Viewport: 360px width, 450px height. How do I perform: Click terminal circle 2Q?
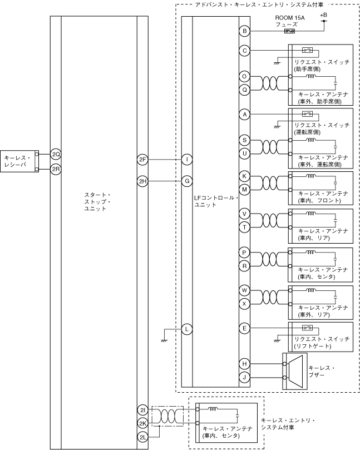(x=56, y=154)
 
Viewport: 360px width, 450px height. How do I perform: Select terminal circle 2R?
(x=56, y=169)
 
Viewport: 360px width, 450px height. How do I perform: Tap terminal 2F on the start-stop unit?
(x=142, y=160)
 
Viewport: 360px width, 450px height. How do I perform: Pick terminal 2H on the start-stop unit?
(x=142, y=181)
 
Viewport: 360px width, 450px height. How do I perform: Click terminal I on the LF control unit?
(x=188, y=160)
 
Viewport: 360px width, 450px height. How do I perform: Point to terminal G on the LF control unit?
(x=188, y=181)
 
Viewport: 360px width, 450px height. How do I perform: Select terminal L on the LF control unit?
(x=188, y=329)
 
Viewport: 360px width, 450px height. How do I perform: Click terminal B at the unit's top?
(x=244, y=31)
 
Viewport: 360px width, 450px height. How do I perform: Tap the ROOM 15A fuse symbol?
(x=289, y=31)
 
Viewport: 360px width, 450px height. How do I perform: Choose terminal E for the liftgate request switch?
(x=244, y=329)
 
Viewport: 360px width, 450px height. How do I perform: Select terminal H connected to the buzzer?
(x=244, y=364)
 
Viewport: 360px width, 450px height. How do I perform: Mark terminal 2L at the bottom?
(x=142, y=437)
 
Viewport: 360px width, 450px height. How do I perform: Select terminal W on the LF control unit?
(x=244, y=290)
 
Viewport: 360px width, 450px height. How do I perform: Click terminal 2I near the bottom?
(x=142, y=410)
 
